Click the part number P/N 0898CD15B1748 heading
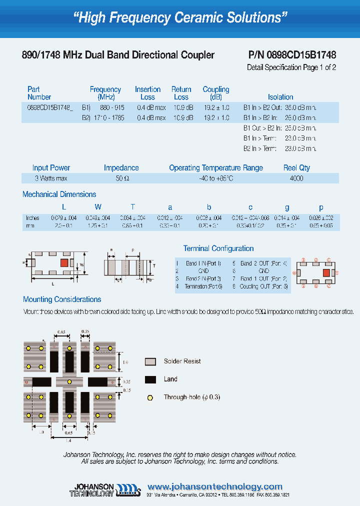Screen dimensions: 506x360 (x=292, y=55)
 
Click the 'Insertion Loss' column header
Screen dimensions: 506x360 (x=147, y=93)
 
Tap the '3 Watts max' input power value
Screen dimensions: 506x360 (x=51, y=178)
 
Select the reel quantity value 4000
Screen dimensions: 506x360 (x=296, y=178)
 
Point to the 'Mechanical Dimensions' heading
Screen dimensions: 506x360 (x=59, y=194)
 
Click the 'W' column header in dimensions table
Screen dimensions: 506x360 (x=98, y=207)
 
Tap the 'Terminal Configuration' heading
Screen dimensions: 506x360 (x=218, y=248)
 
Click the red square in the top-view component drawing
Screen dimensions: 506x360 (x=64, y=262)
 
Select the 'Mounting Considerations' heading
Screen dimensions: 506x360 (x=62, y=299)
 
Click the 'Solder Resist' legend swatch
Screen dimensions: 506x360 (x=150, y=361)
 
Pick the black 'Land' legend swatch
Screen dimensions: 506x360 (x=150, y=379)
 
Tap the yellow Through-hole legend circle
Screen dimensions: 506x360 (x=149, y=397)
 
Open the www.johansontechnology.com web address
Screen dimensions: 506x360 (x=215, y=486)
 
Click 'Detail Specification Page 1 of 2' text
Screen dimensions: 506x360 (x=291, y=67)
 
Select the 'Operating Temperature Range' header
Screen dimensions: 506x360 (x=216, y=168)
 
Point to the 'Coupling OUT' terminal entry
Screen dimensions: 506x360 (x=263, y=286)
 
